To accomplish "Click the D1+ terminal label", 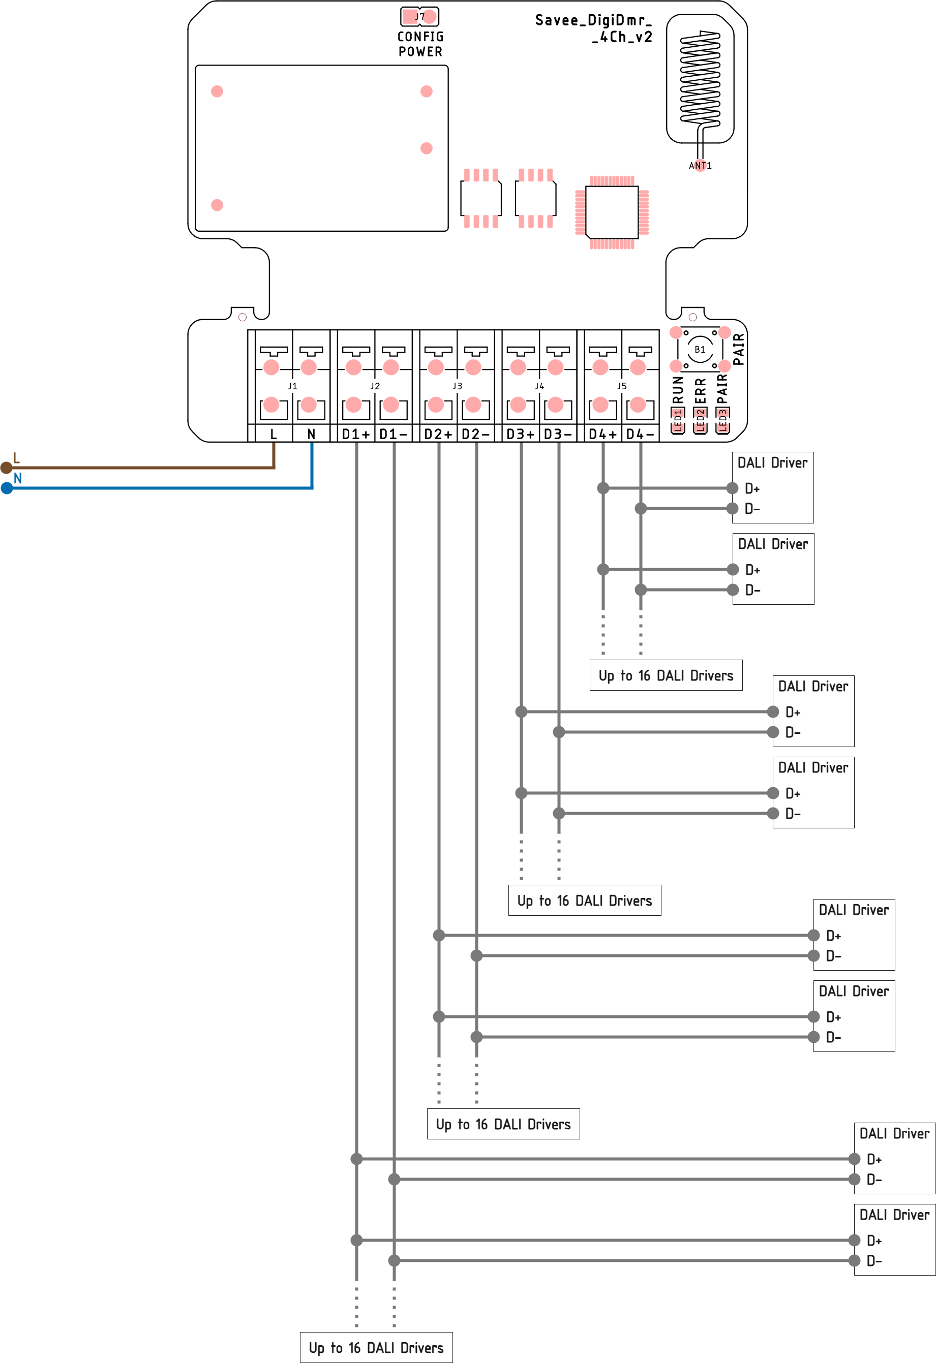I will tap(355, 434).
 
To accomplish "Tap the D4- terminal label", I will tap(640, 434).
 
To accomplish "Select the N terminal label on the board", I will tap(311, 434).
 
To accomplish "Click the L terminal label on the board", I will tap(274, 434).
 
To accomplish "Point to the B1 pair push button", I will tap(700, 350).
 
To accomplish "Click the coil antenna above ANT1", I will tap(700, 79).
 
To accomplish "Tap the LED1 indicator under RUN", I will tap(678, 420).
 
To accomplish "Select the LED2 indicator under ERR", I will tap(700, 420).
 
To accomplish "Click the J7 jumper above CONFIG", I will tap(419, 16).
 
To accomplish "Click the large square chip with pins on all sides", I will tap(612, 212).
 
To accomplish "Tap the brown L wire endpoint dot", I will tap(7, 468).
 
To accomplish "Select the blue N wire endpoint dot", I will tap(7, 488).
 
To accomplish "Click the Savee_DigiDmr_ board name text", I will tap(593, 20).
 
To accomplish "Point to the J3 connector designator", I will tap(457, 386).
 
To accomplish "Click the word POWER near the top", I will tap(420, 52).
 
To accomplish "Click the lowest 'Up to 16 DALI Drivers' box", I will tap(376, 1347).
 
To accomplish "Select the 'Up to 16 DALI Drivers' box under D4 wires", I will tap(666, 675).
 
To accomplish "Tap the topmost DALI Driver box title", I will tap(772, 463).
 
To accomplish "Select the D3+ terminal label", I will tap(521, 434).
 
